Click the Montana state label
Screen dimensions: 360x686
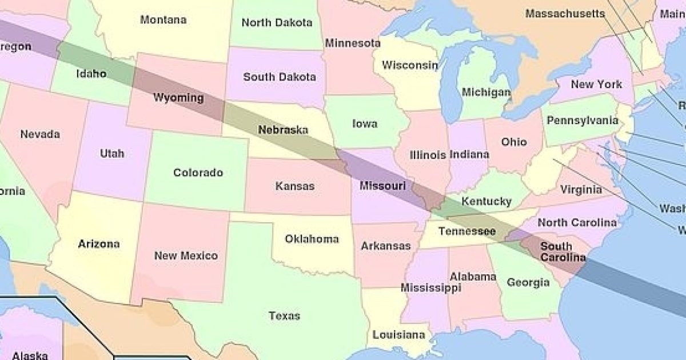(163, 19)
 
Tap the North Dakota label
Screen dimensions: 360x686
(277, 23)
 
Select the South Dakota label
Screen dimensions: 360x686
(279, 77)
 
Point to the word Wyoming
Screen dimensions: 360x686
(178, 98)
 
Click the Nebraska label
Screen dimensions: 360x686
(282, 130)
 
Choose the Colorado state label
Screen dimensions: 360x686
(198, 172)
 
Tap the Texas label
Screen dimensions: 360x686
(284, 315)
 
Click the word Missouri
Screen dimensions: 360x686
(382, 186)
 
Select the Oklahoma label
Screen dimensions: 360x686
(312, 239)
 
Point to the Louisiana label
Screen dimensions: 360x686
(399, 334)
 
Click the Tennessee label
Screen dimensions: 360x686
(466, 231)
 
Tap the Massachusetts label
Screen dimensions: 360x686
(564, 13)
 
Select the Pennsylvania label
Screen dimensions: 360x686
(582, 121)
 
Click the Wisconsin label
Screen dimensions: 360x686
(410, 65)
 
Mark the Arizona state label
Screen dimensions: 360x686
(99, 244)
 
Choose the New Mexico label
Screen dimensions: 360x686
(186, 255)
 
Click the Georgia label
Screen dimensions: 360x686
(528, 282)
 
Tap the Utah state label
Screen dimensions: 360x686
(111, 153)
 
